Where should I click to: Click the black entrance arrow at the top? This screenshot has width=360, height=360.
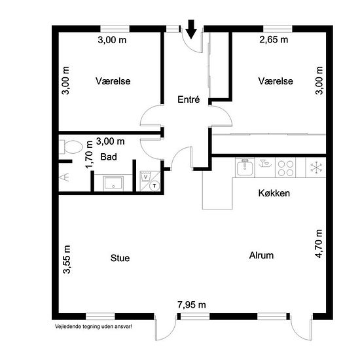pyautogui.click(x=191, y=29)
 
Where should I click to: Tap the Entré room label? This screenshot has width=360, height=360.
pyautogui.click(x=189, y=99)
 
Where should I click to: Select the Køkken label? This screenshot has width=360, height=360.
pyautogui.click(x=274, y=193)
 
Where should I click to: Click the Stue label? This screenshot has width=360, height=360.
pyautogui.click(x=120, y=258)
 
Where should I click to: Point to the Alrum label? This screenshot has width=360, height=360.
pyautogui.click(x=261, y=255)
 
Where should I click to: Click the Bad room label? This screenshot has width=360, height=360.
pyautogui.click(x=109, y=157)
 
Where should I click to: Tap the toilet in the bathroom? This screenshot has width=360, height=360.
pyautogui.click(x=71, y=147)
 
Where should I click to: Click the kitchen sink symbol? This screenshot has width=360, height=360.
pyautogui.click(x=245, y=167)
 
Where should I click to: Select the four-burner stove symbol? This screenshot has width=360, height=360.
pyautogui.click(x=285, y=168)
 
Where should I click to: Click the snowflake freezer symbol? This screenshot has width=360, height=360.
pyautogui.click(x=316, y=167)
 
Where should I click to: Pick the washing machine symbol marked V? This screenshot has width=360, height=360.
pyautogui.click(x=145, y=177)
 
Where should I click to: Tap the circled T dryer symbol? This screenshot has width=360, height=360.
pyautogui.click(x=154, y=185)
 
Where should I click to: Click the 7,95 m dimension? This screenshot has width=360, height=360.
pyautogui.click(x=192, y=304)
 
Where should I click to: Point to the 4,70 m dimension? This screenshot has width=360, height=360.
pyautogui.click(x=319, y=243)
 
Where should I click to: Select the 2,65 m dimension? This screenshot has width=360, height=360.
pyautogui.click(x=274, y=39)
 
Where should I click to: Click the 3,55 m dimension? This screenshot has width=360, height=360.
pyautogui.click(x=67, y=259)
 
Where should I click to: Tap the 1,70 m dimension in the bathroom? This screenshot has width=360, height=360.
pyautogui.click(x=89, y=154)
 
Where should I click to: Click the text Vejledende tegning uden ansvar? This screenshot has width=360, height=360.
pyautogui.click(x=94, y=326)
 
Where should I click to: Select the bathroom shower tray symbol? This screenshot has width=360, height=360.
pyautogui.click(x=113, y=183)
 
